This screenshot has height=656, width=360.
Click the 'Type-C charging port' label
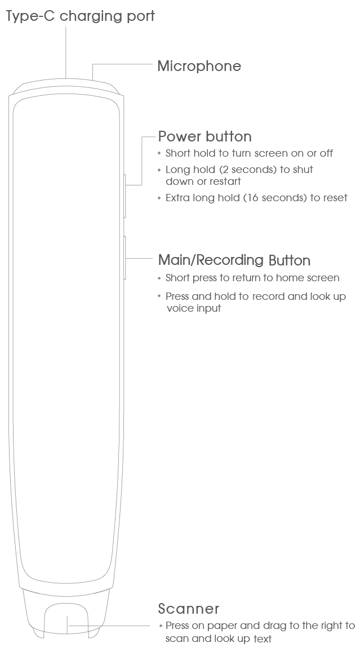pos(80,16)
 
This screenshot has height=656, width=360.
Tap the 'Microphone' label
pos(199,66)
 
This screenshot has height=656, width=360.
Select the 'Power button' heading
pos(205,136)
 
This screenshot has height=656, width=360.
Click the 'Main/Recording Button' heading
pos(234,260)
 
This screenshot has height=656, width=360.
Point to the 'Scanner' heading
pos(189,608)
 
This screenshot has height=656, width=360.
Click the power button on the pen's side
pos(125,196)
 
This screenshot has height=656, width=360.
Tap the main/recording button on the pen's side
pos(125,258)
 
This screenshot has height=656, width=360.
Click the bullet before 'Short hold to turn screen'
pos(159,153)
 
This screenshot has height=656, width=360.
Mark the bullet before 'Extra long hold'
pos(159,198)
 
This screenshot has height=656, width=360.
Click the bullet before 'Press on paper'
pos(161,626)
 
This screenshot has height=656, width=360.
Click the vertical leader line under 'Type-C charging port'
pos(66,52)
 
